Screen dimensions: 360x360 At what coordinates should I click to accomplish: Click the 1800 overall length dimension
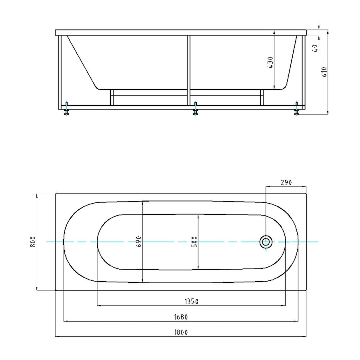[x=181, y=332]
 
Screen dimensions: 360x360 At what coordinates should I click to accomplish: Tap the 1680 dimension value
[x=181, y=317]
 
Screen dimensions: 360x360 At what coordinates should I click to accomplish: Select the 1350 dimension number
[x=192, y=302]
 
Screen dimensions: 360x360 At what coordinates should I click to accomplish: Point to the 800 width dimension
[x=33, y=242]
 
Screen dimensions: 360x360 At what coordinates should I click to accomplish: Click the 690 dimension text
[x=139, y=242]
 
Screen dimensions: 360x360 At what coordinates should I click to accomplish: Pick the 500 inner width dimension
[x=194, y=242]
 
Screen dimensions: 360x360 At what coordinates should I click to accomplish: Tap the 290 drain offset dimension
[x=286, y=182]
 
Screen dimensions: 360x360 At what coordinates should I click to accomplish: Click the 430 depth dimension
[x=270, y=62]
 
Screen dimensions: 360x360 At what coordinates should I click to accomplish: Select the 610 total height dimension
[x=324, y=72]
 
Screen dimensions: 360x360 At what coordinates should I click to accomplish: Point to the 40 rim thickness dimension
[x=315, y=48]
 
